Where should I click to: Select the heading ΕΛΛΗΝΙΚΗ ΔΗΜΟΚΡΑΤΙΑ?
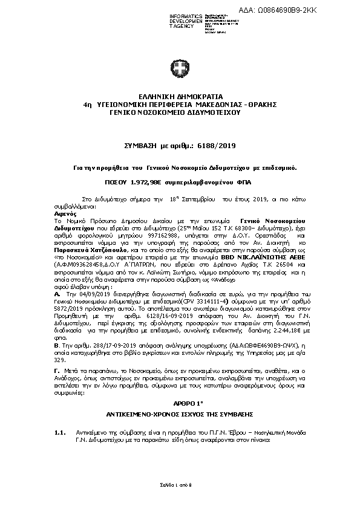[180, 96]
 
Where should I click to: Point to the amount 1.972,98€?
[166, 181]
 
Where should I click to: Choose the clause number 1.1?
[59, 433]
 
